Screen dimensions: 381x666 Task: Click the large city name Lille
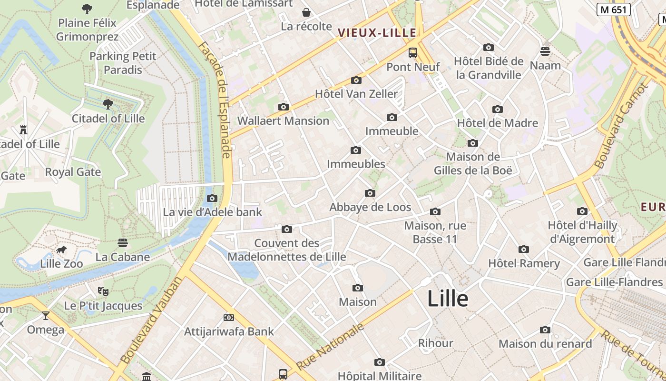pyautogui.click(x=448, y=299)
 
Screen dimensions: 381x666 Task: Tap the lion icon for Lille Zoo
pyautogui.click(x=61, y=250)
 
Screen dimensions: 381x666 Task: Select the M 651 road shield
pyautogui.click(x=614, y=9)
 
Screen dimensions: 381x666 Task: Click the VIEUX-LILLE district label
pyautogui.click(x=377, y=33)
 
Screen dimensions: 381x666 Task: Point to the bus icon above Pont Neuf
pyautogui.click(x=413, y=53)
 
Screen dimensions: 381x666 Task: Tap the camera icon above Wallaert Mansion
pyautogui.click(x=284, y=107)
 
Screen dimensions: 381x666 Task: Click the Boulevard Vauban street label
pyautogui.click(x=151, y=320)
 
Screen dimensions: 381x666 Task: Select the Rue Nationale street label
pyautogui.click(x=330, y=346)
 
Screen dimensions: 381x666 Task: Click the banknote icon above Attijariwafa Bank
pyautogui.click(x=229, y=318)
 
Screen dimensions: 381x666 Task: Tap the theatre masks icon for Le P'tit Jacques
pyautogui.click(x=103, y=291)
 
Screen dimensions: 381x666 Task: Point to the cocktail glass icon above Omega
pyautogui.click(x=46, y=315)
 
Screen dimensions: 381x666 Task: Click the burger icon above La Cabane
pyautogui.click(x=123, y=243)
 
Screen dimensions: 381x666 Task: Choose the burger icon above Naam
pyautogui.click(x=545, y=51)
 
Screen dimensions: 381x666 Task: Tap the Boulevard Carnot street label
pyautogui.click(x=622, y=126)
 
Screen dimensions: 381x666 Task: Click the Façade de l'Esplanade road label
pyautogui.click(x=215, y=100)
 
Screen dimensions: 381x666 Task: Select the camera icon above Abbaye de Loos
pyautogui.click(x=370, y=193)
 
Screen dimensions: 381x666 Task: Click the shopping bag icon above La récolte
pyautogui.click(x=306, y=12)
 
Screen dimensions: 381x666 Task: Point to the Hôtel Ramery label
pyautogui.click(x=524, y=263)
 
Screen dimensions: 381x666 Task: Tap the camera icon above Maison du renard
pyautogui.click(x=545, y=330)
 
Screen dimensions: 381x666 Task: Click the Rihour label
pyautogui.click(x=435, y=343)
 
